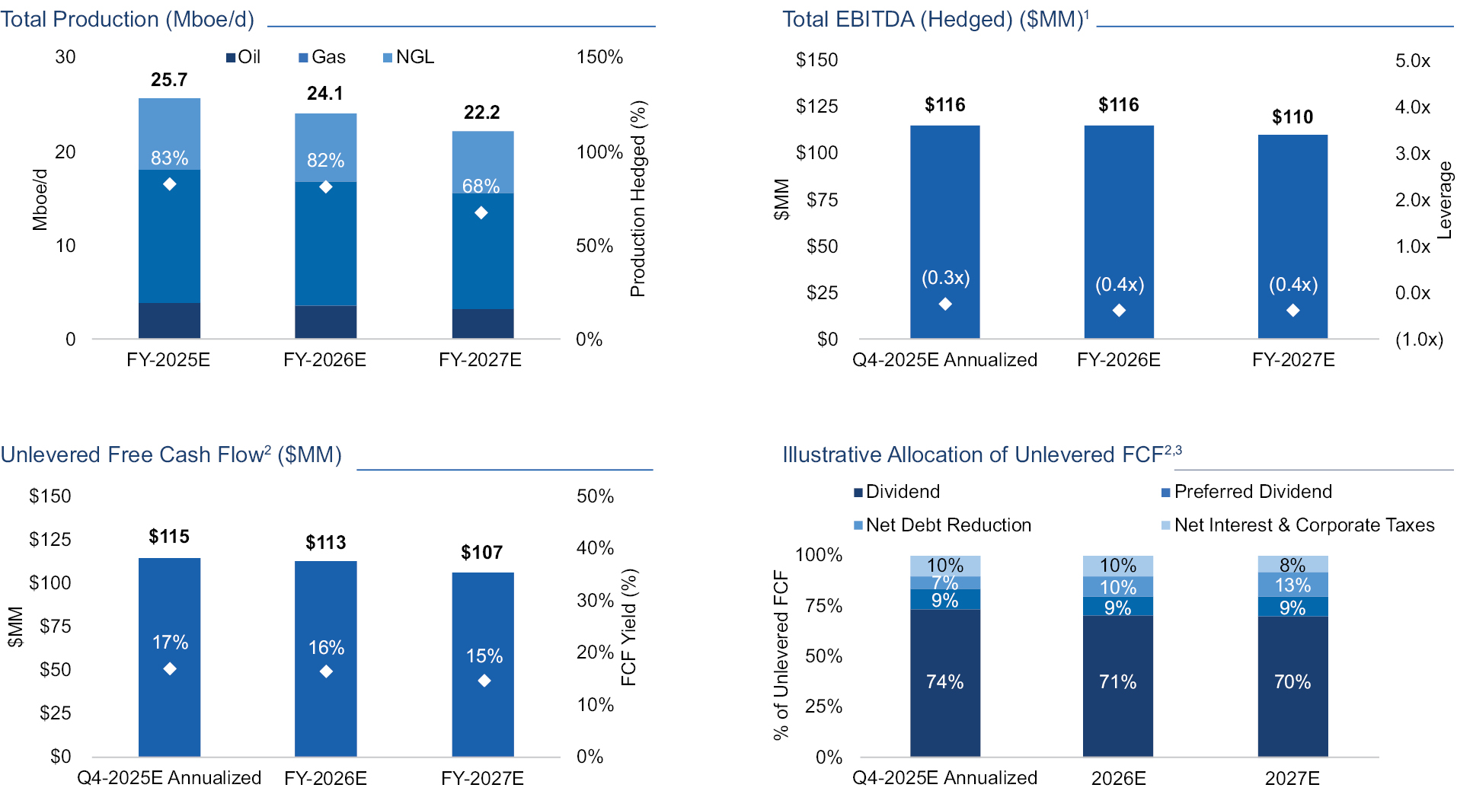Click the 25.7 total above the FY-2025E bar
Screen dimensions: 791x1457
tap(169, 80)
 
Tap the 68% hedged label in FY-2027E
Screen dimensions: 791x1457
tap(481, 186)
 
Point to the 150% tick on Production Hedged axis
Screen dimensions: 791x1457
tap(599, 57)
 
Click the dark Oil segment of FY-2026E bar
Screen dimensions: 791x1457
tap(325, 322)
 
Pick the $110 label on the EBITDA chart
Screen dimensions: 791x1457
tap(1292, 116)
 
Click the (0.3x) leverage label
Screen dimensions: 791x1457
tap(945, 278)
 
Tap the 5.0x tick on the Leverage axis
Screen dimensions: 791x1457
tap(1412, 61)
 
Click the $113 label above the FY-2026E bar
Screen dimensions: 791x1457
tap(325, 543)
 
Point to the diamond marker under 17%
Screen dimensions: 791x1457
tap(170, 668)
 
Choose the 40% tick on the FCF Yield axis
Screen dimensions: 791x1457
tap(595, 548)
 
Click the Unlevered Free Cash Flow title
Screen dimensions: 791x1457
tap(171, 455)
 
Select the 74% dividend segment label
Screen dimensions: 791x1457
tap(944, 681)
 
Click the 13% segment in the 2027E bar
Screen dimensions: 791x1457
tap(1292, 585)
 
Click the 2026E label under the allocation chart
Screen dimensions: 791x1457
tap(1118, 778)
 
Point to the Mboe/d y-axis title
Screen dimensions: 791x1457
tap(40, 199)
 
